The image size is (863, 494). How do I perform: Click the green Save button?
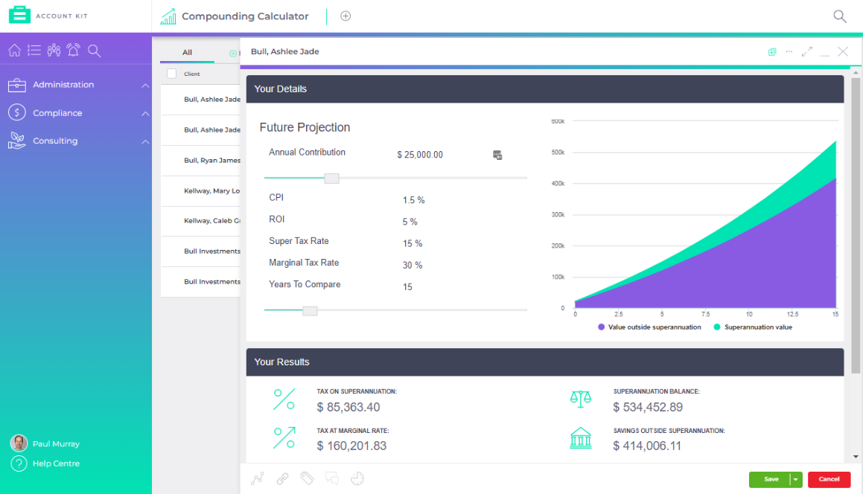pos(770,479)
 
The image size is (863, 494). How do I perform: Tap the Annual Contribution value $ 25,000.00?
pos(420,155)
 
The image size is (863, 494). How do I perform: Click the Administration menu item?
pos(63,85)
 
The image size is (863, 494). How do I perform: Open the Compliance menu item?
pos(57,113)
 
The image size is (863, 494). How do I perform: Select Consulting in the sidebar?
pos(55,141)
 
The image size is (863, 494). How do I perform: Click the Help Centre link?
pos(56,463)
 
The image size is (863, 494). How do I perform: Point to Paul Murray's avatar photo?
pos(19,443)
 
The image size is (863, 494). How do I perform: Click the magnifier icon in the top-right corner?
pos(839,16)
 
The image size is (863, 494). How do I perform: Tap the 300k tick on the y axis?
pos(558,214)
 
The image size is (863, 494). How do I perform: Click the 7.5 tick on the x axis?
pos(705,315)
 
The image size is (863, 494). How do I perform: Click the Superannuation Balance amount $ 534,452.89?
pos(648,407)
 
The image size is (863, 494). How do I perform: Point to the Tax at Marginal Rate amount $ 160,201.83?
pos(351,446)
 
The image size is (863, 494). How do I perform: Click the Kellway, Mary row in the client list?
pos(211,191)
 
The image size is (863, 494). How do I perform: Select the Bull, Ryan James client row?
pos(211,161)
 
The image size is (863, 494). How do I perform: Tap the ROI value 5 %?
pos(410,222)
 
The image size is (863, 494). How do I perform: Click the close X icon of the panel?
pos(843,51)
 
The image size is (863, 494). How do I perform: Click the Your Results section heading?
pos(281,362)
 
